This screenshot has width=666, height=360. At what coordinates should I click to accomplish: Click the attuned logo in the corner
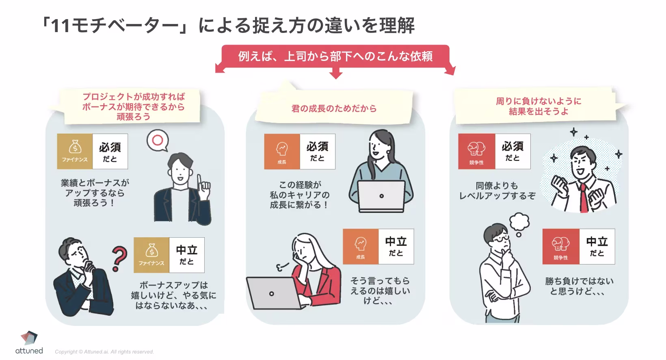click(29, 343)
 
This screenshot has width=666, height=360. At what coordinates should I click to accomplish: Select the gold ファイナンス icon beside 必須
click(75, 151)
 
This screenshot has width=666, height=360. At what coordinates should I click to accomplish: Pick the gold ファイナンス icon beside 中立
click(151, 255)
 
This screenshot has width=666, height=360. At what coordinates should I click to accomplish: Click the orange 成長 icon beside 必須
click(282, 151)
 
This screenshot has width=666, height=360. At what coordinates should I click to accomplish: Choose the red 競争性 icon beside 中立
click(560, 247)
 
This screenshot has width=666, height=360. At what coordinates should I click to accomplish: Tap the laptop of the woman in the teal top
click(381, 196)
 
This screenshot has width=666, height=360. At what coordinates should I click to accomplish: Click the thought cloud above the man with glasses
click(519, 222)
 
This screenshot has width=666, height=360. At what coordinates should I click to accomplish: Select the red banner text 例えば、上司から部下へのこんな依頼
click(335, 56)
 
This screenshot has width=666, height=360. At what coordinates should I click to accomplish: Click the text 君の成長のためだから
click(334, 108)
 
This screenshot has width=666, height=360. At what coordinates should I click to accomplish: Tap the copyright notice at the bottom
click(104, 352)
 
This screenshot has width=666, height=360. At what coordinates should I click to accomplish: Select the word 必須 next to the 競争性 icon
click(512, 147)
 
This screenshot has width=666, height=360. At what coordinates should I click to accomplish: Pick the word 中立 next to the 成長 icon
click(396, 242)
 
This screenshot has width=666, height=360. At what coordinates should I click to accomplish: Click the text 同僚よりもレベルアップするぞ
click(497, 191)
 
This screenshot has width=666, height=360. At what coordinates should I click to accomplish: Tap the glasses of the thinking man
click(500, 239)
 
